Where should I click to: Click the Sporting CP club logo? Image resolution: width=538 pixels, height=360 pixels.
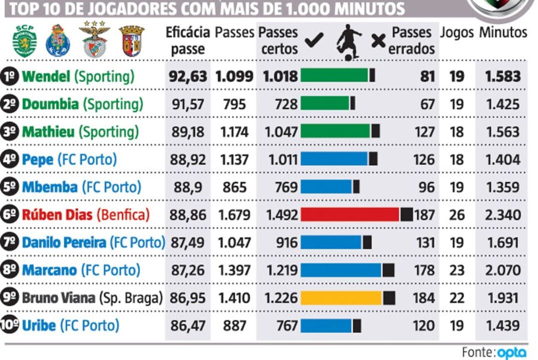24,40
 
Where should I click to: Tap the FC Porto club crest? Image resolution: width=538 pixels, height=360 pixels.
57,41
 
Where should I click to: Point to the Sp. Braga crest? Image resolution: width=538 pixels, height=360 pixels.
131,41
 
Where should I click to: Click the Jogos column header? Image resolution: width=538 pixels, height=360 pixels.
456,33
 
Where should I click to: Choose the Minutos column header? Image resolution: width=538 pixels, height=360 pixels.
503,33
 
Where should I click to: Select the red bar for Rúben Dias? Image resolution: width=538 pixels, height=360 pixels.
349,214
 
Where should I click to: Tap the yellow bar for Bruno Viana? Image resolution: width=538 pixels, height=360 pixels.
341,298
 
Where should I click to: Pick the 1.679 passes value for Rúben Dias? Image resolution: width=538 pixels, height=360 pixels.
234,215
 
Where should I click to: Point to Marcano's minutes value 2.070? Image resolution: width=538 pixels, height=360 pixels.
502,270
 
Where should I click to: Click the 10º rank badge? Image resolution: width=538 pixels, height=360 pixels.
10,325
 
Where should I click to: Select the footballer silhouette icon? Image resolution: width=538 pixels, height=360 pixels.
348,41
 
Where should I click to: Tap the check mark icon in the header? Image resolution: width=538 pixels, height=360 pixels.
314,39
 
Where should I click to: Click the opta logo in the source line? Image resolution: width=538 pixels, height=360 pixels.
511,352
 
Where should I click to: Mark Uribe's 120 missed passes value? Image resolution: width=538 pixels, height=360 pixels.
423,326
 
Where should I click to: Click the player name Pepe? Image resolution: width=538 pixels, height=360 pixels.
37,160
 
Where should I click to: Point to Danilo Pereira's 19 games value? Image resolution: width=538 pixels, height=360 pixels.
456,243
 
